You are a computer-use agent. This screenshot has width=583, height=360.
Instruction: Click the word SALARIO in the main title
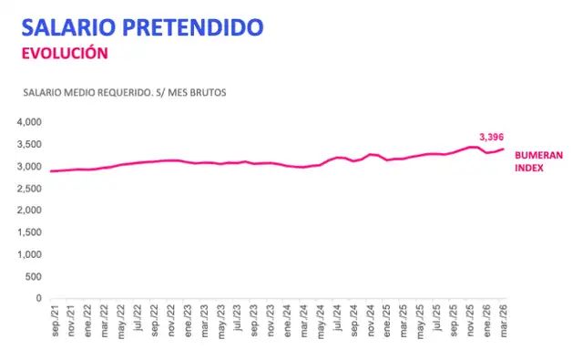(x=71, y=26)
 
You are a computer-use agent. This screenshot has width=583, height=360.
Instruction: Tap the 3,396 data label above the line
(x=492, y=136)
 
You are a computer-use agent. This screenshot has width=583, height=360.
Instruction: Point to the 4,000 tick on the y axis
(x=29, y=122)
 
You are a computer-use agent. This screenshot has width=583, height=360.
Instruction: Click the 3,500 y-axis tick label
(x=29, y=144)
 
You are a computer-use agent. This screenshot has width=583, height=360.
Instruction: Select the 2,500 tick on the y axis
(x=29, y=188)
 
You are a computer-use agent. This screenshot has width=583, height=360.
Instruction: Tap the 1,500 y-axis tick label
(x=29, y=232)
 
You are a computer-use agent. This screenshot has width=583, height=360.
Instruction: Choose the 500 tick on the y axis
(x=33, y=276)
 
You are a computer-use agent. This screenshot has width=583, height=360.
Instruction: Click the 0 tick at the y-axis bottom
(x=38, y=298)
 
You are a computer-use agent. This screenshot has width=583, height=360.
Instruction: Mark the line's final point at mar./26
(x=503, y=149)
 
